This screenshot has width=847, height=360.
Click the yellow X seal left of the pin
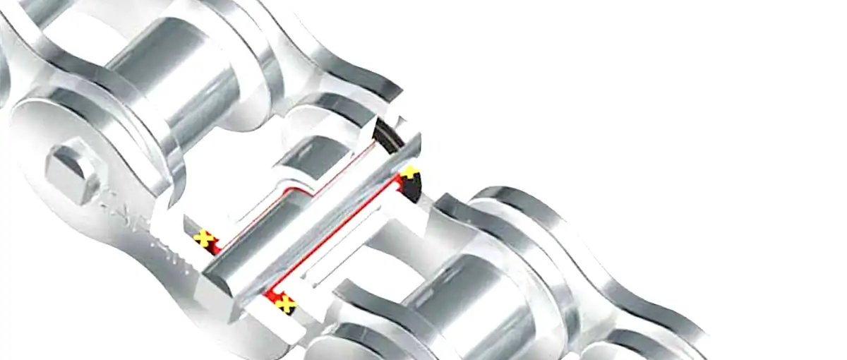click(x=203, y=237)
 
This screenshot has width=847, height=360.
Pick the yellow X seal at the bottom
click(x=285, y=304)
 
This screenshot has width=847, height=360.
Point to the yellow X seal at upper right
click(x=409, y=173)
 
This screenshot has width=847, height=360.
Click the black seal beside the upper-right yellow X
click(x=416, y=186)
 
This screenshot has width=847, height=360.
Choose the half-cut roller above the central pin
click(x=311, y=155)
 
